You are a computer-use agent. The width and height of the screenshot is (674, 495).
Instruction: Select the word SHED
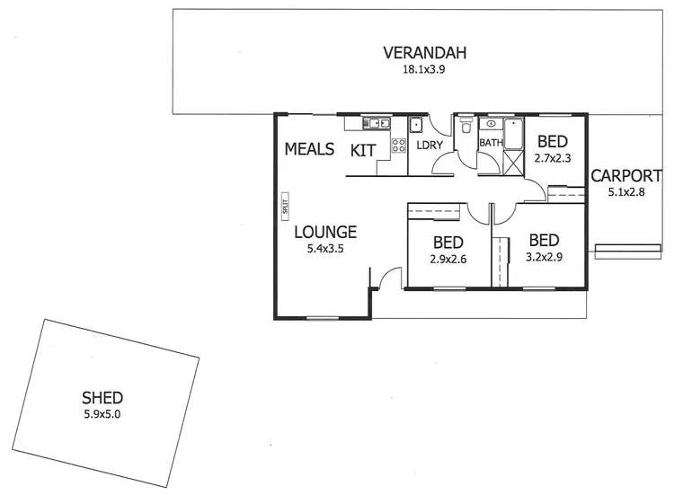tap(102, 397)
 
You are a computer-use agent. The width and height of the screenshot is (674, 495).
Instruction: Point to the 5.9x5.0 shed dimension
tap(102, 413)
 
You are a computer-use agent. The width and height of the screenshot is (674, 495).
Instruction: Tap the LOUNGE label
tap(325, 231)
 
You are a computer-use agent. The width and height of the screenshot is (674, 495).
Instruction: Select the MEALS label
tap(309, 149)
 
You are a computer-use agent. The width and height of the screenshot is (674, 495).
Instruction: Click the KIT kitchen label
tap(363, 150)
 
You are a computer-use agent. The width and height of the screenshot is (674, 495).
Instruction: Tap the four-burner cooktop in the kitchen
tap(398, 145)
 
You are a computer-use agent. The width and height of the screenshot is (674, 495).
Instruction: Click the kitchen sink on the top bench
tap(375, 123)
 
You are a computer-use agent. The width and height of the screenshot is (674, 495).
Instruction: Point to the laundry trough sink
tap(416, 125)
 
